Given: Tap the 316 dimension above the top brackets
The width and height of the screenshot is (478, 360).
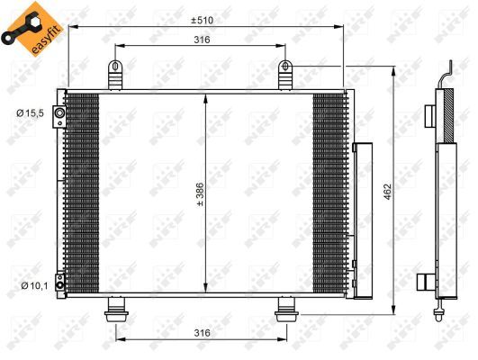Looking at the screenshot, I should coord(202,40).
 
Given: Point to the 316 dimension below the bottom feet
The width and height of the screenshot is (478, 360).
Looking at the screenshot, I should coord(202,333).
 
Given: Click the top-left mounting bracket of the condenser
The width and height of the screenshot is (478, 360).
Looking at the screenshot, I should coord(116,75).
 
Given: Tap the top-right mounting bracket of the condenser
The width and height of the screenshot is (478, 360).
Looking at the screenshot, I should coord(286,75).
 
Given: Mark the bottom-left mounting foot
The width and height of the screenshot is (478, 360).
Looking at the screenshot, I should coord(116,310).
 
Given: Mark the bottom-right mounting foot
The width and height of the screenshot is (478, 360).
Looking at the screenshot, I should coord(286,310).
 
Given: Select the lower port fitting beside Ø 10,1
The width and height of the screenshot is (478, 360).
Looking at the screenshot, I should coord(59,286).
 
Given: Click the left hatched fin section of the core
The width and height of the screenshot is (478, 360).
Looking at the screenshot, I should coord(82,193).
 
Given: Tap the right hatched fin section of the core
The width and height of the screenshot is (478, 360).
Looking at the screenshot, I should coord(328,193).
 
